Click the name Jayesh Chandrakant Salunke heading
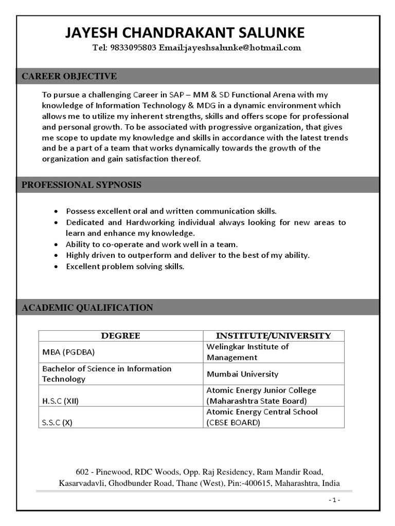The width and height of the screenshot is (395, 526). (185, 33)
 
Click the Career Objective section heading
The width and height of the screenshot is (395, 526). (69, 77)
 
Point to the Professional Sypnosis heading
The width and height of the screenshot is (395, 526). (81, 185)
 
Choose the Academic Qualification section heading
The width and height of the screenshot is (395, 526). (87, 308)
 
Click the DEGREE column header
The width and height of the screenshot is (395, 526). (120, 336)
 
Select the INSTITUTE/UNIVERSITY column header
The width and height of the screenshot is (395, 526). (273, 336)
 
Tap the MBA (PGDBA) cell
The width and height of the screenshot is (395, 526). (68, 352)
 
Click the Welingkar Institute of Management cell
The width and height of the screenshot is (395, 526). (247, 352)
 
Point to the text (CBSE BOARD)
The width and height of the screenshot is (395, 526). (233, 423)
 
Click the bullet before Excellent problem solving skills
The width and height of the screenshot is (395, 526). (56, 267)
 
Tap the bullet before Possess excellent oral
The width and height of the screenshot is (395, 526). (56, 211)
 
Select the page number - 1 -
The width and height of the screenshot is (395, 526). (334, 500)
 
